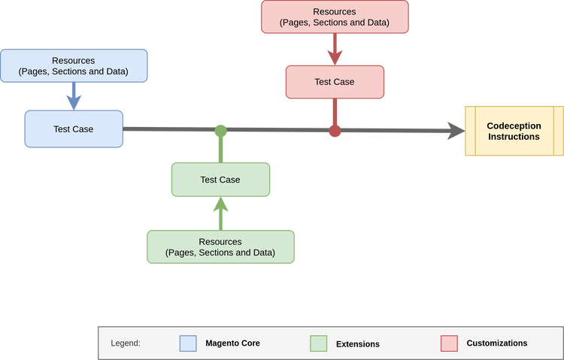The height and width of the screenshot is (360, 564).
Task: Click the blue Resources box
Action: tap(74, 65)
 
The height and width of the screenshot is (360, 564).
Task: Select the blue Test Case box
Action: tap(74, 129)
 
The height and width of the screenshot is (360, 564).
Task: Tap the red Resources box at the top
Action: tap(335, 17)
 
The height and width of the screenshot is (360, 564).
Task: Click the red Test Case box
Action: tap(335, 81)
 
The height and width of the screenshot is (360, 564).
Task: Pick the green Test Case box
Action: tap(220, 180)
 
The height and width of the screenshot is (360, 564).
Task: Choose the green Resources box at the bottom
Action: tap(220, 247)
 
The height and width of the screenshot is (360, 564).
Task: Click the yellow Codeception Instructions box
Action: tap(514, 132)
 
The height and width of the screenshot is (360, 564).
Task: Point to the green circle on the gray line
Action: tap(220, 131)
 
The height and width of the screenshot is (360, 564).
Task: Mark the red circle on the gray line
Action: tap(335, 132)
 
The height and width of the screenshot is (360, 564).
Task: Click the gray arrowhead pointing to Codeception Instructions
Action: tap(455, 131)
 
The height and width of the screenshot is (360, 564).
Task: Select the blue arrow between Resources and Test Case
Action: tap(74, 95)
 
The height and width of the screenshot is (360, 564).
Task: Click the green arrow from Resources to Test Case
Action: tap(220, 213)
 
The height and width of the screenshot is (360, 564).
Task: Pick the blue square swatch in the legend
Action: tap(188, 343)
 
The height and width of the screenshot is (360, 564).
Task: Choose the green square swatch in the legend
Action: tap(318, 343)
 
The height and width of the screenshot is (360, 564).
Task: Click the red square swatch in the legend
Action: tap(449, 343)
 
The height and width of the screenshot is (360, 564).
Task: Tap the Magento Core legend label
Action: tap(232, 343)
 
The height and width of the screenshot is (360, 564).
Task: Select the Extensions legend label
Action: tap(357, 344)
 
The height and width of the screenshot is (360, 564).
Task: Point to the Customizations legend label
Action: tap(496, 343)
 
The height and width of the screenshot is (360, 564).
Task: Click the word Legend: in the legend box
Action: tap(126, 343)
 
